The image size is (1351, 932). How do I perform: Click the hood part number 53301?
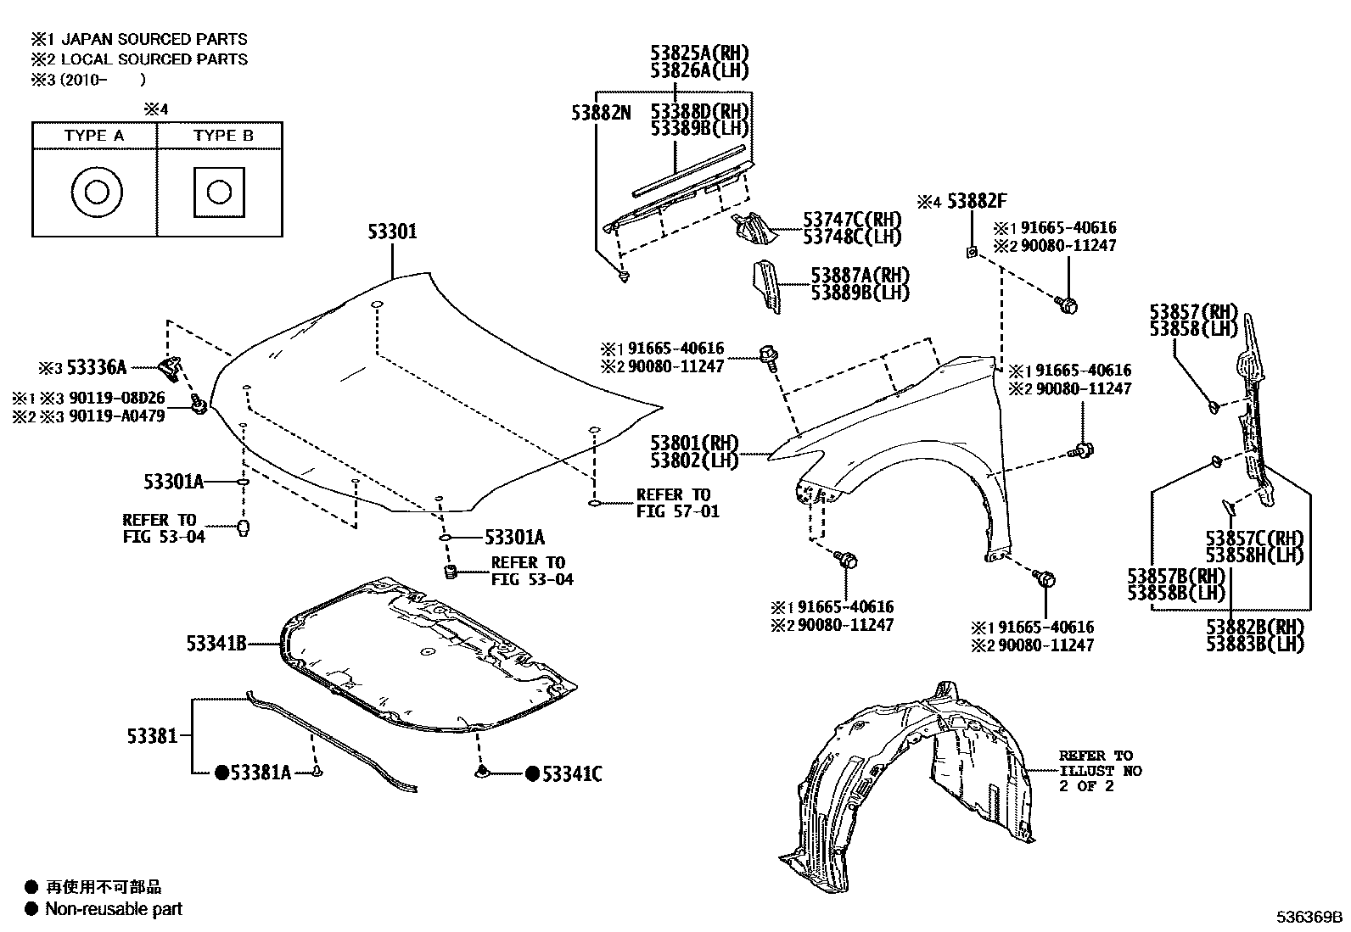[x=392, y=232]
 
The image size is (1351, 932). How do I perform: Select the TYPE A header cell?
[x=93, y=136]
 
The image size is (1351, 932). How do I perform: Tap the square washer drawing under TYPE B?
[x=219, y=192]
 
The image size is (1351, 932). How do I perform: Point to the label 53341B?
[x=216, y=644]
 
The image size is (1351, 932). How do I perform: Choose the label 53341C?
[x=572, y=773]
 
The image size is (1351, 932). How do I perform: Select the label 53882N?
[x=601, y=112]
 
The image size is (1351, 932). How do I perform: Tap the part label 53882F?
[x=977, y=202]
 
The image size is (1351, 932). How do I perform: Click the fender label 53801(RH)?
[x=695, y=443]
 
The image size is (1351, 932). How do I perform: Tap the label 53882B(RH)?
[x=1255, y=627]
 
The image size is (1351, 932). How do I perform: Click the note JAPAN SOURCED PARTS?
[x=154, y=39]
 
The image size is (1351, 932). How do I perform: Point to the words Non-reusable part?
[x=114, y=909]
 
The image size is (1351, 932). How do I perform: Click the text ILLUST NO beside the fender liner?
[x=1101, y=771]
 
